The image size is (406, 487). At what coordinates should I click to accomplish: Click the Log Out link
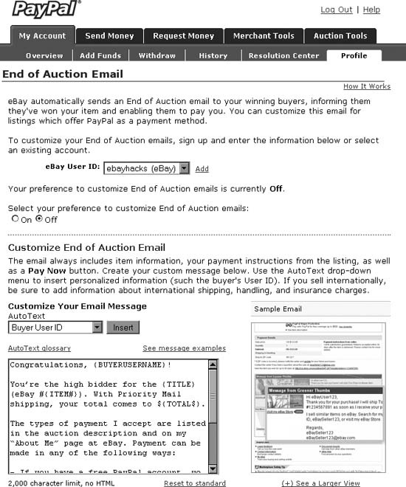click(336, 10)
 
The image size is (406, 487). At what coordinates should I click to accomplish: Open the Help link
click(371, 10)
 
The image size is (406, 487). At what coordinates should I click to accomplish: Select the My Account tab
click(42, 35)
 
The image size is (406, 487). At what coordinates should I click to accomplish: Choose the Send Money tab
click(109, 35)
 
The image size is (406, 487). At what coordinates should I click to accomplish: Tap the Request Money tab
click(184, 35)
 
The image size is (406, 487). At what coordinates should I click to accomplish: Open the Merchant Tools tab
click(263, 35)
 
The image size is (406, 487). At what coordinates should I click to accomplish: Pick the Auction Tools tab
click(340, 35)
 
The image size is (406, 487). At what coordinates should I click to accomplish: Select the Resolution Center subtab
click(283, 55)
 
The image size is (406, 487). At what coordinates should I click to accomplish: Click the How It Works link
click(367, 86)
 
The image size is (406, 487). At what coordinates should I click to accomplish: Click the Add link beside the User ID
click(202, 169)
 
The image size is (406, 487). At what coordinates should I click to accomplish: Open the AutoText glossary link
click(39, 348)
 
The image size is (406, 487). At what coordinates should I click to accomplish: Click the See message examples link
click(184, 348)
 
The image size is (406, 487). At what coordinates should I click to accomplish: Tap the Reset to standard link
click(195, 483)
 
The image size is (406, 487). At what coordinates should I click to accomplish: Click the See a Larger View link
click(321, 483)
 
